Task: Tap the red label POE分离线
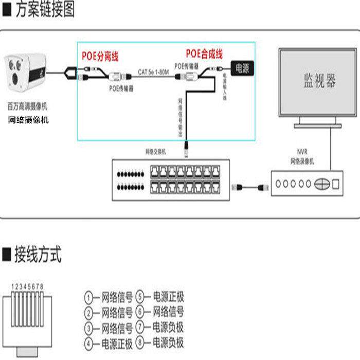tap(100, 55)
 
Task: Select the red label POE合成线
tap(204, 53)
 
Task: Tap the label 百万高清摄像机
tap(27, 107)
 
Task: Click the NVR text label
tap(301, 153)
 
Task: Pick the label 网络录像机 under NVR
tap(301, 161)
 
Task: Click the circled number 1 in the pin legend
tap(91, 297)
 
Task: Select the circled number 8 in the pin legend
tap(141, 343)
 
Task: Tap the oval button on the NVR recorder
tap(322, 184)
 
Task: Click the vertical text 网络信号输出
tap(181, 117)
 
